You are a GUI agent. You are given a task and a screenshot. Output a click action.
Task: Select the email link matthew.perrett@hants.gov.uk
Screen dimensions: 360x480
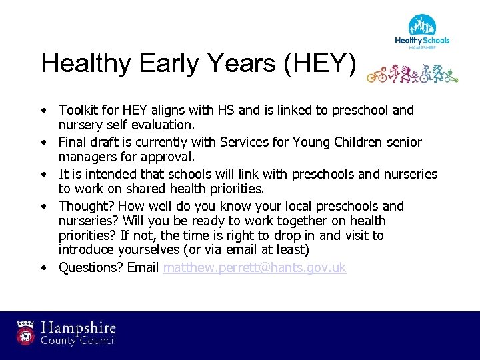[x=254, y=268]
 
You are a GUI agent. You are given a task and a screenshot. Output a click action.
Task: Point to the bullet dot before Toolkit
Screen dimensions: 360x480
[x=42, y=111]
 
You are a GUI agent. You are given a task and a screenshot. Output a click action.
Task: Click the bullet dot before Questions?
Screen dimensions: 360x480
[x=42, y=269]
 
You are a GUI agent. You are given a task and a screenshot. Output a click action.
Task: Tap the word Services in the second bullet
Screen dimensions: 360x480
[x=240, y=142]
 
